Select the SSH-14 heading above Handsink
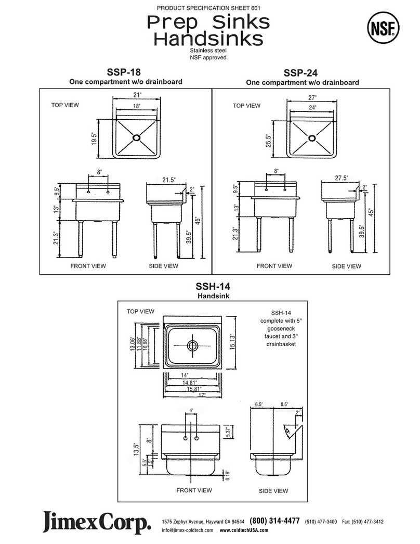[x=213, y=287]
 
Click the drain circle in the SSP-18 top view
[x=137, y=137]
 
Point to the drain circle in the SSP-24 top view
[x=311, y=138]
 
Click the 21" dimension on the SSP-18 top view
[x=136, y=94]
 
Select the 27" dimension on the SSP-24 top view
[x=312, y=97]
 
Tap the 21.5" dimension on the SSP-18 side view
[x=168, y=180]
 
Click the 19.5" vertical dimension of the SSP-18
[x=94, y=139]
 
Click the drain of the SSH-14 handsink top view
[x=193, y=345]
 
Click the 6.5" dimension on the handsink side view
[x=259, y=404]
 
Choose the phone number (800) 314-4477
[x=274, y=521]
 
